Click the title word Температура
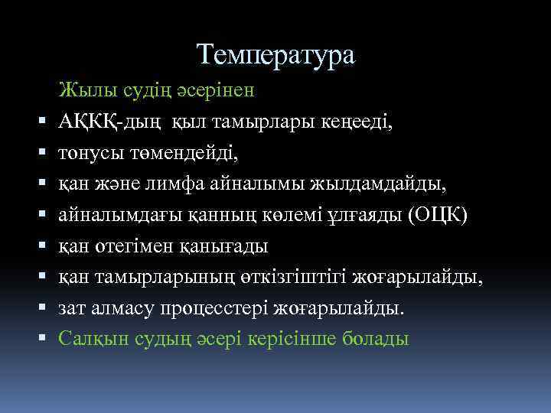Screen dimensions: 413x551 tap(275, 54)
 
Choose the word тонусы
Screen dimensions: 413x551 tap(88, 154)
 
